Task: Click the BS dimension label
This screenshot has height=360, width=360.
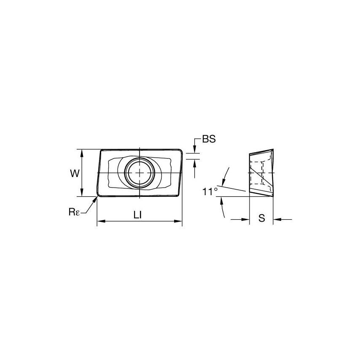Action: [x=209, y=140]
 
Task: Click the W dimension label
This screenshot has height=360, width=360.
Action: [x=74, y=173]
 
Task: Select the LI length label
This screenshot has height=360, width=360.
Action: [x=137, y=215]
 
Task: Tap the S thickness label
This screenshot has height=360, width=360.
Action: [x=261, y=218]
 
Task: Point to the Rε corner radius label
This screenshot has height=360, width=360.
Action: [x=75, y=212]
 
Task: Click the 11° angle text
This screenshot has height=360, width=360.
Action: [x=210, y=192]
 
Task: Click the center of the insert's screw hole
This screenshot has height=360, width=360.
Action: [x=139, y=173]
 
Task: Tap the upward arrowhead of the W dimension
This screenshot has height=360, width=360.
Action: [x=82, y=152]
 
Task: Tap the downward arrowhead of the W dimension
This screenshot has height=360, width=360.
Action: [x=82, y=194]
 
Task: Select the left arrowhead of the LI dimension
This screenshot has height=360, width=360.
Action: [x=100, y=221]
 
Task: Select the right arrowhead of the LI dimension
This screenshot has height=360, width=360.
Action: [x=179, y=221]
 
